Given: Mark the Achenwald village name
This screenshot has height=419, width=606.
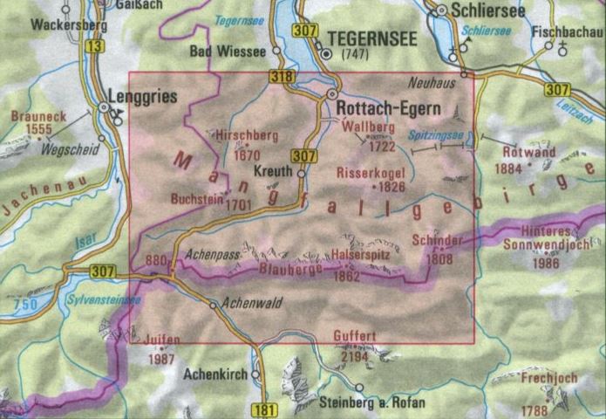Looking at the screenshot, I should click(251, 304).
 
